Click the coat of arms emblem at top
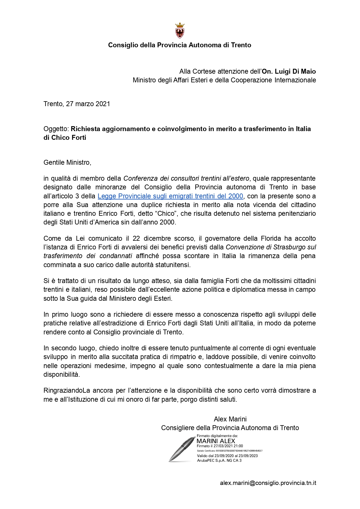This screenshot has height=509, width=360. [180, 31]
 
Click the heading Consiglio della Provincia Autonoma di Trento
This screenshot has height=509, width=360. [179, 45]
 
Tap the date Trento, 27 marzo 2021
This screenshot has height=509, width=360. [77, 104]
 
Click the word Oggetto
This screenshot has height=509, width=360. [56, 129]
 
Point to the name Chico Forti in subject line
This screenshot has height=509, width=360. [69, 137]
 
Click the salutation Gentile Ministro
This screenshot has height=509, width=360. [67, 162]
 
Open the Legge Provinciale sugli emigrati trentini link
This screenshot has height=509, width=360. [170, 196]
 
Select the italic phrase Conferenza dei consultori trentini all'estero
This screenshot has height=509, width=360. [186, 178]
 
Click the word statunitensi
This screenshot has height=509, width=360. [172, 265]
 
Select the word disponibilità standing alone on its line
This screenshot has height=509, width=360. [61, 374]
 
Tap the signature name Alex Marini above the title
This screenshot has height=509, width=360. [230, 419]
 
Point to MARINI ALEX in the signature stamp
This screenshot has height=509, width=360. [216, 441]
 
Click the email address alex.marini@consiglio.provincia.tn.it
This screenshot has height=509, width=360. [268, 483]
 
